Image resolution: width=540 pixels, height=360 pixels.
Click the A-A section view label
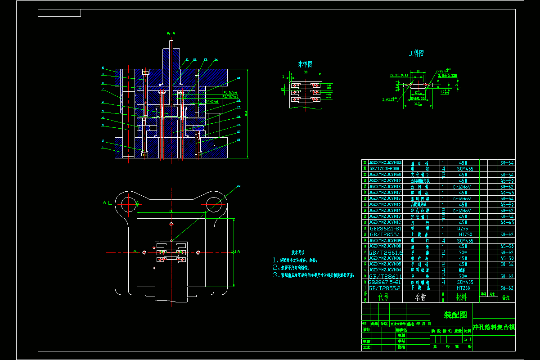171,33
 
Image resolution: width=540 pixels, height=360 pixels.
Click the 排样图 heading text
305,64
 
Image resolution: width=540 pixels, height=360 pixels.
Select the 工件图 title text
416,54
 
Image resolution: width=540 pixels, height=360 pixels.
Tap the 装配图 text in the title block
455,315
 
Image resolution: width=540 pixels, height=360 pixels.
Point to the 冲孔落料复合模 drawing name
494,327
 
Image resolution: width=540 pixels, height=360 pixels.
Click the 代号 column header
384,297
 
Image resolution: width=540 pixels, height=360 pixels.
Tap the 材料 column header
461,297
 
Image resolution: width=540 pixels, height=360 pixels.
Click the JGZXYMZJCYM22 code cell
385,162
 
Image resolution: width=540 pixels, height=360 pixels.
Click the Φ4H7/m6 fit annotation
212,102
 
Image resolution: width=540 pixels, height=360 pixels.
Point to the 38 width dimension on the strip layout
306,72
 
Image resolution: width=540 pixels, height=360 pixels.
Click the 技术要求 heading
298,253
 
